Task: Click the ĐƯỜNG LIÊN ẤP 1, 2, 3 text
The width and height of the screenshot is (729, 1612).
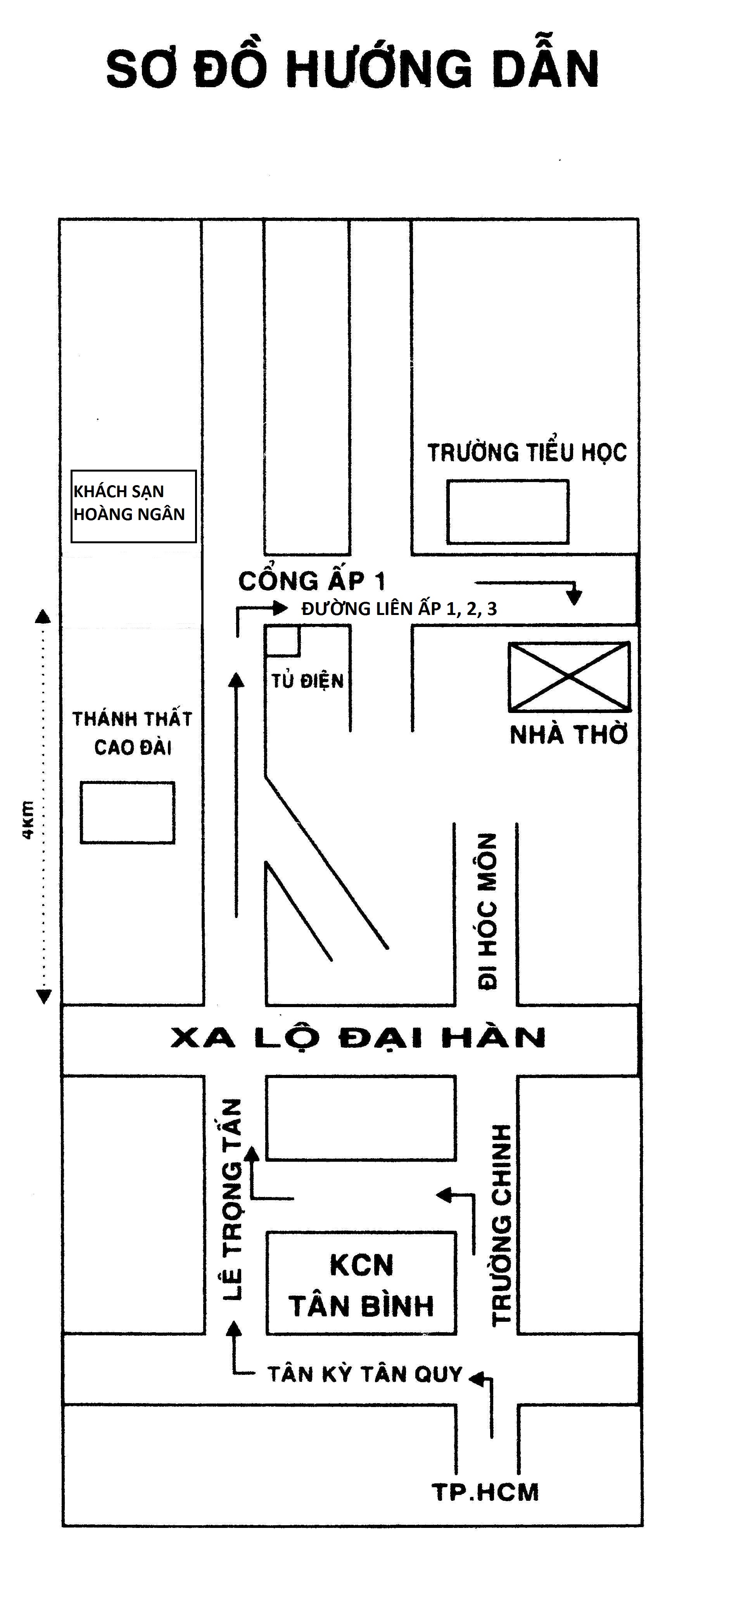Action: tap(399, 609)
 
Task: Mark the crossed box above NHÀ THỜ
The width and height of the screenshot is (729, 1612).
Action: tap(569, 677)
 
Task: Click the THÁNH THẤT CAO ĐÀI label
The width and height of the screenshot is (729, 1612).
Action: tap(132, 733)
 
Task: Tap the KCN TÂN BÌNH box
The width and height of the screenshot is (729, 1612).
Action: tap(361, 1283)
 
